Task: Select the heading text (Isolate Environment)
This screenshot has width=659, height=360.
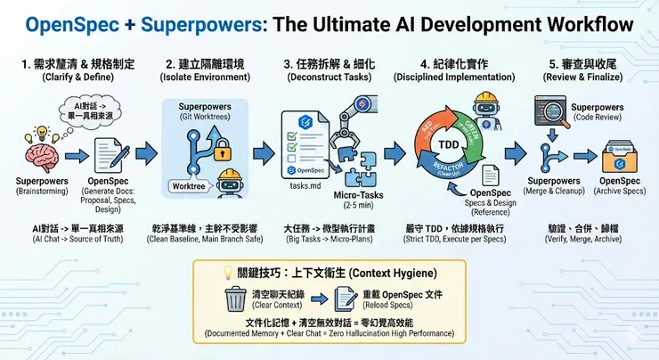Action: [x=208, y=78]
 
